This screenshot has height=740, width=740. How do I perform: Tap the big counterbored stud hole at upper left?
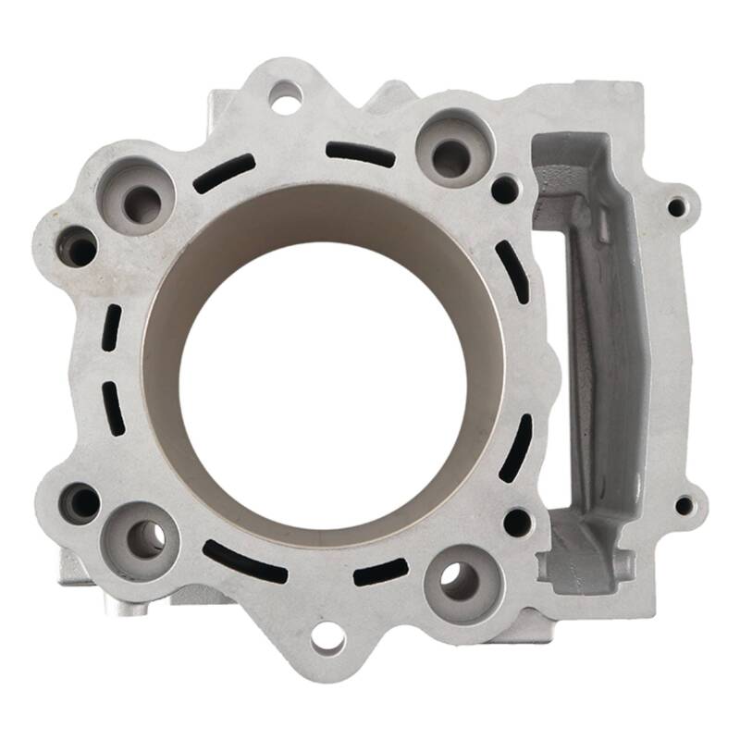tap(138, 200)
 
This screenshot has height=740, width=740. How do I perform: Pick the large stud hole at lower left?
tap(143, 537)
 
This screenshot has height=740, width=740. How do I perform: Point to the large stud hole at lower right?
tap(459, 580)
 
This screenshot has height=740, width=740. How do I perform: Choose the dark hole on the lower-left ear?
tap(80, 502)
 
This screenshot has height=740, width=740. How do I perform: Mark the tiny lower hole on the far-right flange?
tap(684, 505)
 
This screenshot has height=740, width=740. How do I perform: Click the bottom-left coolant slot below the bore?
tap(243, 561)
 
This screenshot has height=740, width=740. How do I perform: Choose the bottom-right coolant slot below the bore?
tap(380, 572)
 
